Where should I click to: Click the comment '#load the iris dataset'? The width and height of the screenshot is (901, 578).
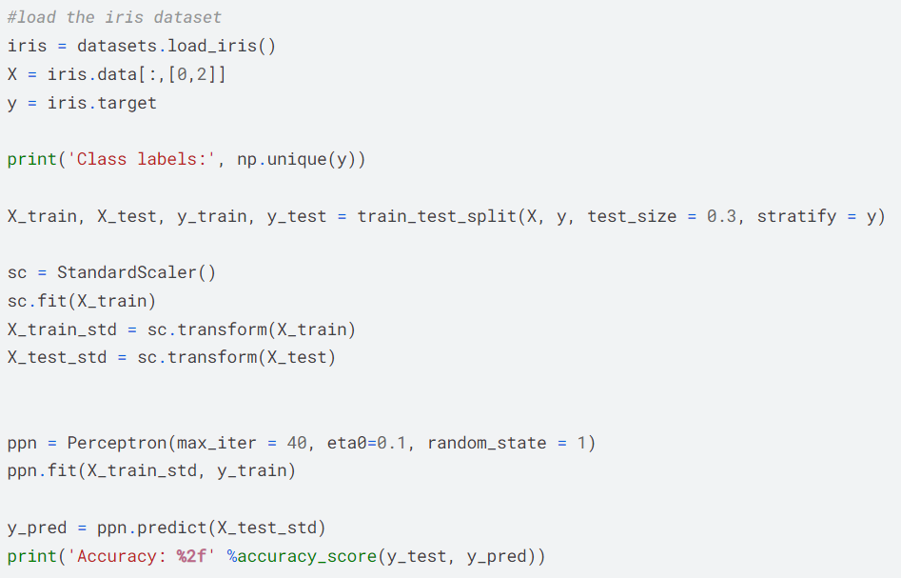[x=114, y=17]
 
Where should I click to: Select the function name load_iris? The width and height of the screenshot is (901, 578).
[x=212, y=46]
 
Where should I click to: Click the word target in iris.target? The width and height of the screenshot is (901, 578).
[x=127, y=103]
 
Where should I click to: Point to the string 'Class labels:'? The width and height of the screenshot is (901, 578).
[x=142, y=159]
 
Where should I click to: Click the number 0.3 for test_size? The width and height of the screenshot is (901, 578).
[x=721, y=216]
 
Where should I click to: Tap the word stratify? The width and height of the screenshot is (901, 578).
[x=796, y=216]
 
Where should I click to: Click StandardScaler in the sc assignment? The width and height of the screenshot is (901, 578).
[x=127, y=272]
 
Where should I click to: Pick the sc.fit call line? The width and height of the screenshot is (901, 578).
[x=82, y=301]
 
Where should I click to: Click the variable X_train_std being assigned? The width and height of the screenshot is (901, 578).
[x=62, y=329]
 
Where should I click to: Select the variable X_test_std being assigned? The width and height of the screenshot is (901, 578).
[x=57, y=357]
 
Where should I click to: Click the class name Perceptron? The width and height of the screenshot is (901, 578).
[x=117, y=443]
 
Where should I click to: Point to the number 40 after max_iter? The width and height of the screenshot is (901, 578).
[x=297, y=443]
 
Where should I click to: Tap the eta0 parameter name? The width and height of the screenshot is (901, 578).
[x=346, y=443]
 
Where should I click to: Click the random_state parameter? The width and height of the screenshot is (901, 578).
[x=487, y=443]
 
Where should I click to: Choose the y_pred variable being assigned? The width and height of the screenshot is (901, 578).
[x=37, y=528]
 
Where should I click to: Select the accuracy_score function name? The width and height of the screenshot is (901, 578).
[x=307, y=557]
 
